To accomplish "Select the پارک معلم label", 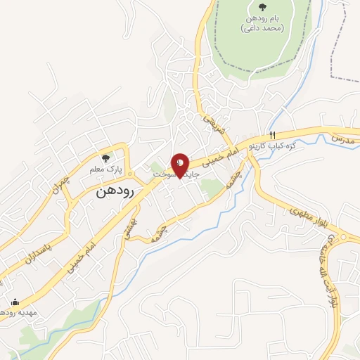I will (x=105, y=169).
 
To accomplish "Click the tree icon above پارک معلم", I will (x=105, y=158).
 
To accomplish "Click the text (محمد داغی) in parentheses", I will (x=262, y=29).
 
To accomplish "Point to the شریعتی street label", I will (x=212, y=125).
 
